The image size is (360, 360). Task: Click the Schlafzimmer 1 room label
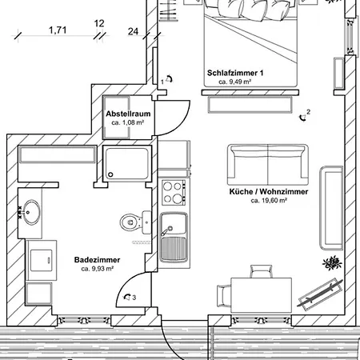pos(235,73)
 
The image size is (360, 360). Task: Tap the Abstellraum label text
pos(128,114)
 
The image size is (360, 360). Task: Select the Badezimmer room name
pos(97,260)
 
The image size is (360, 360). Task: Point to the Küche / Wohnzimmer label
pos(269,192)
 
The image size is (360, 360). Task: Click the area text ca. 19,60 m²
pos(269,200)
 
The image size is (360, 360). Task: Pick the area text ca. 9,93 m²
pos(98,269)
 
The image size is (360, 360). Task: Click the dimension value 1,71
pos(58,30)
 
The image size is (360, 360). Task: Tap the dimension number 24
pos(133,31)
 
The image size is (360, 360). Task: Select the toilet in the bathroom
pos(135,222)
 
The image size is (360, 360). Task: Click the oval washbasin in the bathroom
pos(32,212)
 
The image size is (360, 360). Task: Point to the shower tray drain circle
pos(110,174)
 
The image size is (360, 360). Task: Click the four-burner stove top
pos(174,192)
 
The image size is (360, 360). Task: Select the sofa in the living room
pos(268,165)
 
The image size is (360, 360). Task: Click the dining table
pos(261,294)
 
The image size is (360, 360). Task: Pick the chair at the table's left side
pos(223,296)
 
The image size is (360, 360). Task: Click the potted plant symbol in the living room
pos(332,263)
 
